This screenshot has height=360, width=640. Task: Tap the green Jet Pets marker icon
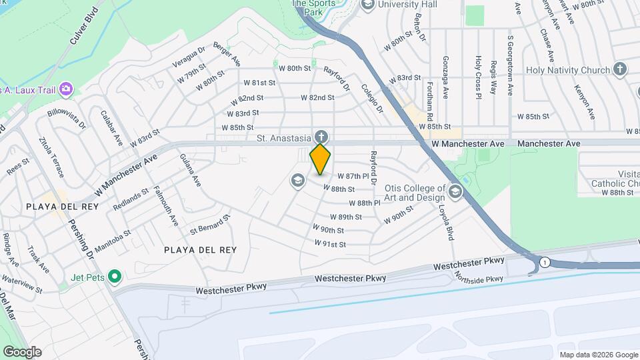pyautogui.click(x=114, y=275)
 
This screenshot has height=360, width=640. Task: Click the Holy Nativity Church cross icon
pyautogui.click(x=619, y=69)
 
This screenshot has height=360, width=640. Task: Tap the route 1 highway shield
pyautogui.click(x=545, y=261)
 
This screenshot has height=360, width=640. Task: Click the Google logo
pyautogui.click(x=21, y=352)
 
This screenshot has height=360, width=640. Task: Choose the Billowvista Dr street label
pyautogui.click(x=67, y=119)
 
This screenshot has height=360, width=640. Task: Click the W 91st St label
pyautogui.click(x=331, y=244)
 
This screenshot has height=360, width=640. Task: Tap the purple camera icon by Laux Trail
pyautogui.click(x=65, y=89)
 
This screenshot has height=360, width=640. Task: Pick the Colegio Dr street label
pyautogui.click(x=371, y=96)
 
